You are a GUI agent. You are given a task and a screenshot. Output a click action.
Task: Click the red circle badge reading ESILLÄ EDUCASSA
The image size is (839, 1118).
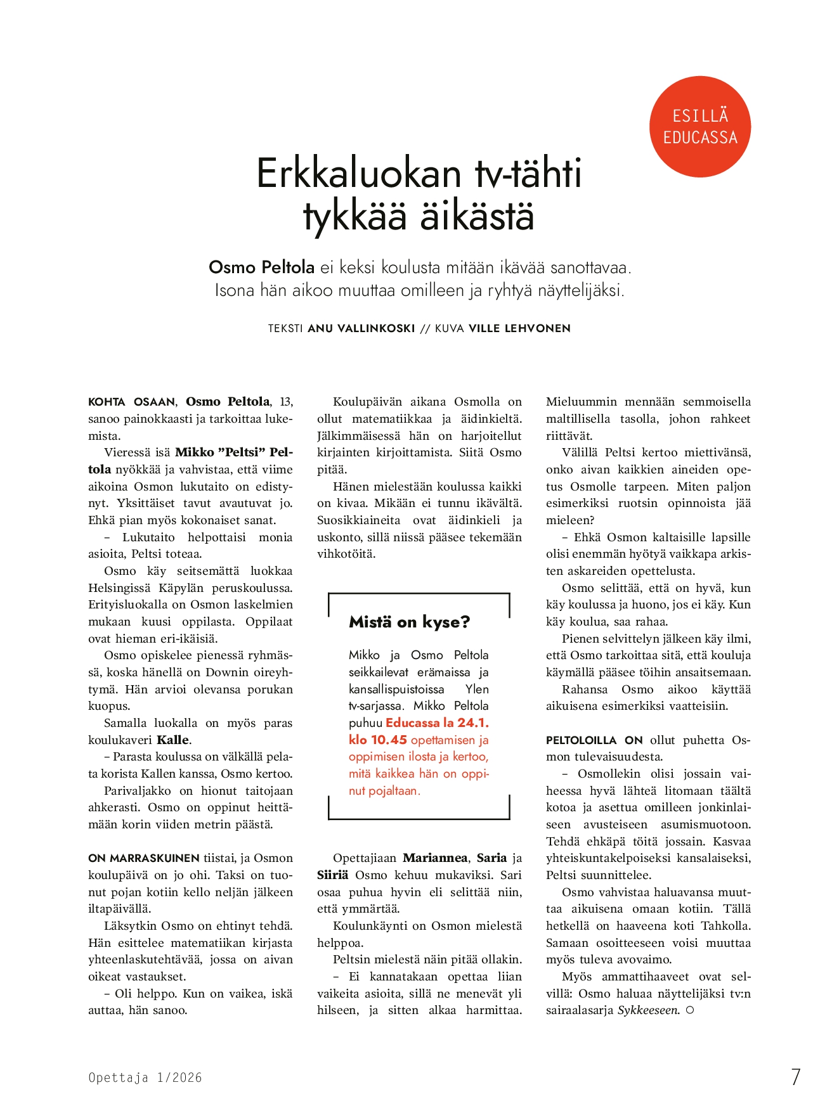click(x=700, y=127)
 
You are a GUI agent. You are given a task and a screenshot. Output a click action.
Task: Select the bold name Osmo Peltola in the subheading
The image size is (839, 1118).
click(x=261, y=267)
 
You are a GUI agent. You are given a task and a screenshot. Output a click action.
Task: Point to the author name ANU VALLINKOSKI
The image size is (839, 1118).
click(x=361, y=328)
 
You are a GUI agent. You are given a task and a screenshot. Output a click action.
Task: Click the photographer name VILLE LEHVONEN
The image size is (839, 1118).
click(x=519, y=328)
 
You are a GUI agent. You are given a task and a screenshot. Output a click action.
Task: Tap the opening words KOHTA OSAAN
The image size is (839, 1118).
click(x=132, y=402)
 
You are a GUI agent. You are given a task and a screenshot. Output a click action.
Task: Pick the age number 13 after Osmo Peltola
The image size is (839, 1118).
click(x=286, y=402)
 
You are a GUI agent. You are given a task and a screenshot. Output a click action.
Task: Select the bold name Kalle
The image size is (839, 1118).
click(x=173, y=740)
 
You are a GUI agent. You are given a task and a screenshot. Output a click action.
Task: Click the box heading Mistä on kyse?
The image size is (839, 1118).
click(x=409, y=622)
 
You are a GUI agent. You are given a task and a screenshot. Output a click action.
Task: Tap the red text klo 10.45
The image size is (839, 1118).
click(x=377, y=740)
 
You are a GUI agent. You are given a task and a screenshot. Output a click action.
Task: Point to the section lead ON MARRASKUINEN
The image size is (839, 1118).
click(x=144, y=859)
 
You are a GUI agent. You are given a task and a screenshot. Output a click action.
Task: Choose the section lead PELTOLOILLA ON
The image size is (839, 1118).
click(x=594, y=740)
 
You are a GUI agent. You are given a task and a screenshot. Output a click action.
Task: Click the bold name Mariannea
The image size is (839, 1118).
click(x=436, y=858)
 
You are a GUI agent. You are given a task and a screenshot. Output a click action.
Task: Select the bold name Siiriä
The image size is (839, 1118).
click(x=333, y=875)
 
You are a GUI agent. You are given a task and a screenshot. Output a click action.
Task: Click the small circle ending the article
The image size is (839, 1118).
click(x=690, y=1010)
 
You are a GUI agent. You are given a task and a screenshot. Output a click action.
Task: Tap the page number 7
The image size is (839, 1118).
click(x=796, y=1077)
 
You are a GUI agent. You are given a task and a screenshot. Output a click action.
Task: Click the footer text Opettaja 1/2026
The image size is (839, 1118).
click(x=145, y=1077)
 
